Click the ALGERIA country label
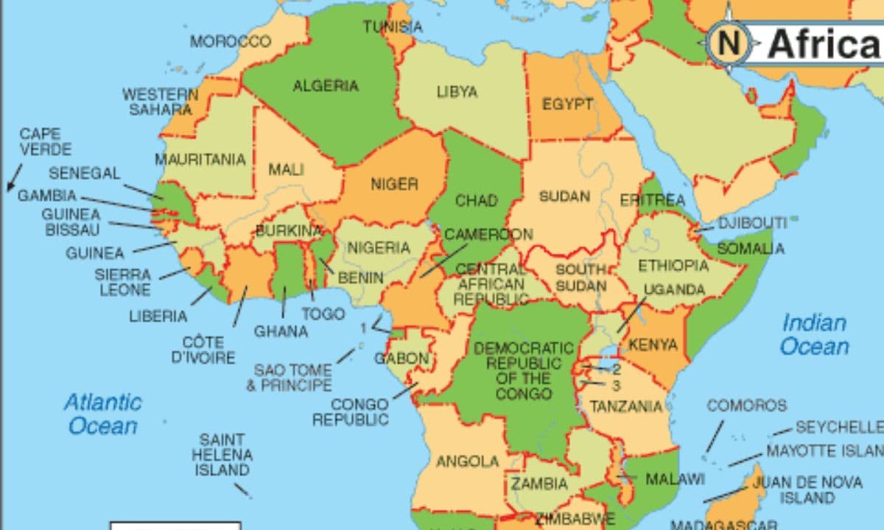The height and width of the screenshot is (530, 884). pyautogui.click(x=326, y=86)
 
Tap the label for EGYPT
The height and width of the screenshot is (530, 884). pyautogui.click(x=567, y=105)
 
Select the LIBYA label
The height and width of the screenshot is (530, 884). pyautogui.click(x=457, y=92)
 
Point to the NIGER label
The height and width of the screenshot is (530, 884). pyautogui.click(x=394, y=184)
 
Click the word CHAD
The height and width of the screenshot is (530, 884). pyautogui.click(x=476, y=200)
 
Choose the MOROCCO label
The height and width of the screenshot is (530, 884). pyautogui.click(x=231, y=41)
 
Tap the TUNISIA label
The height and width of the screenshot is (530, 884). pyautogui.click(x=393, y=27)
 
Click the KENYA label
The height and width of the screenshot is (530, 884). pyautogui.click(x=653, y=344)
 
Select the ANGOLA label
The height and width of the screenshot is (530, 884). pyautogui.click(x=468, y=462)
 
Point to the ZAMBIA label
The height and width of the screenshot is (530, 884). pyautogui.click(x=539, y=484)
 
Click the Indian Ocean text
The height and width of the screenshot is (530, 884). pyautogui.click(x=814, y=334)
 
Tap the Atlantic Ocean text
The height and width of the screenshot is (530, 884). pyautogui.click(x=103, y=414)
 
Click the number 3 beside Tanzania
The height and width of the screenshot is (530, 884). pyautogui.click(x=617, y=385)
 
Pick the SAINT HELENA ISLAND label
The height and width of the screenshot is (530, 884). pyautogui.click(x=222, y=455)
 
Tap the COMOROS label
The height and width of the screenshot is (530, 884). pyautogui.click(x=746, y=406)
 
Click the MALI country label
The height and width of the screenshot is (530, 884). pyautogui.click(x=286, y=169)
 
